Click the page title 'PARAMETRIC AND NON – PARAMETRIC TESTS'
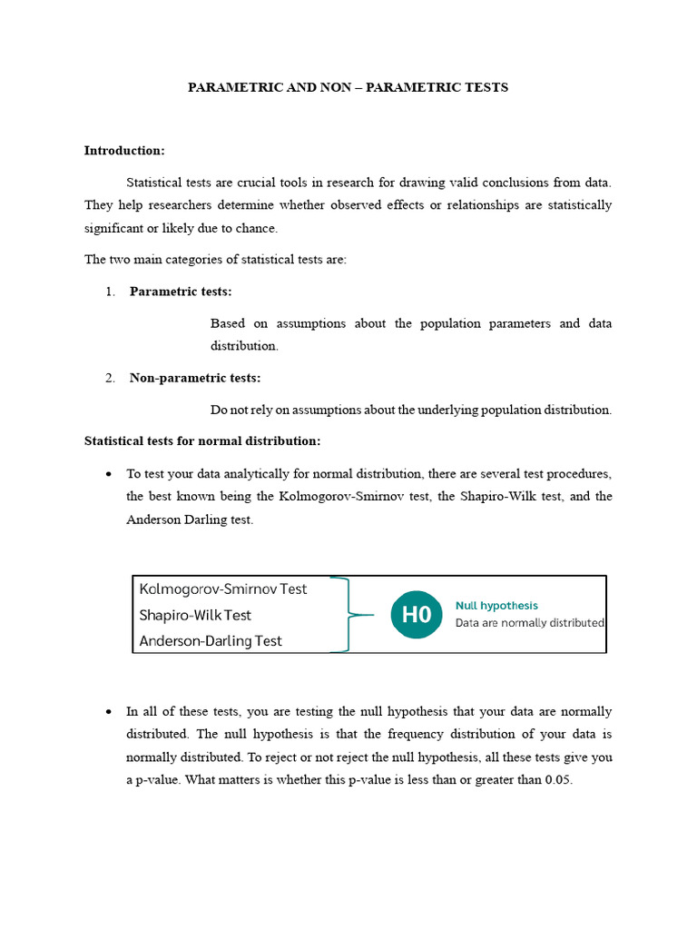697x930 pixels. [348, 87]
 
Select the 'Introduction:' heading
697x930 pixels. [124, 150]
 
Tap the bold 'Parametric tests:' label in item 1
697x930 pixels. [181, 291]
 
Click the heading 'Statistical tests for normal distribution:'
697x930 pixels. [202, 440]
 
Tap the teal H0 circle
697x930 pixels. [417, 615]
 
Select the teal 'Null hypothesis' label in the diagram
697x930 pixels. [496, 605]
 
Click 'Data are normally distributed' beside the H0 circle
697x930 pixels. [529, 623]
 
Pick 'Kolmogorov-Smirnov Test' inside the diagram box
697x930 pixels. [223, 589]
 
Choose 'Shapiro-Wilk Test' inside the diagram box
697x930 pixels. [195, 615]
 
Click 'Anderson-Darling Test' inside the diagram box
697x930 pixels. [211, 640]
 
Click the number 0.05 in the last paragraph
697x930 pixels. [558, 780]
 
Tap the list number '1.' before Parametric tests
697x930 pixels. [110, 292]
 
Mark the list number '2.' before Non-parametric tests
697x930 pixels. [110, 379]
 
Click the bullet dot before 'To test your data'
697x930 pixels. [109, 474]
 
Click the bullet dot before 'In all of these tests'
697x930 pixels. [109, 712]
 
